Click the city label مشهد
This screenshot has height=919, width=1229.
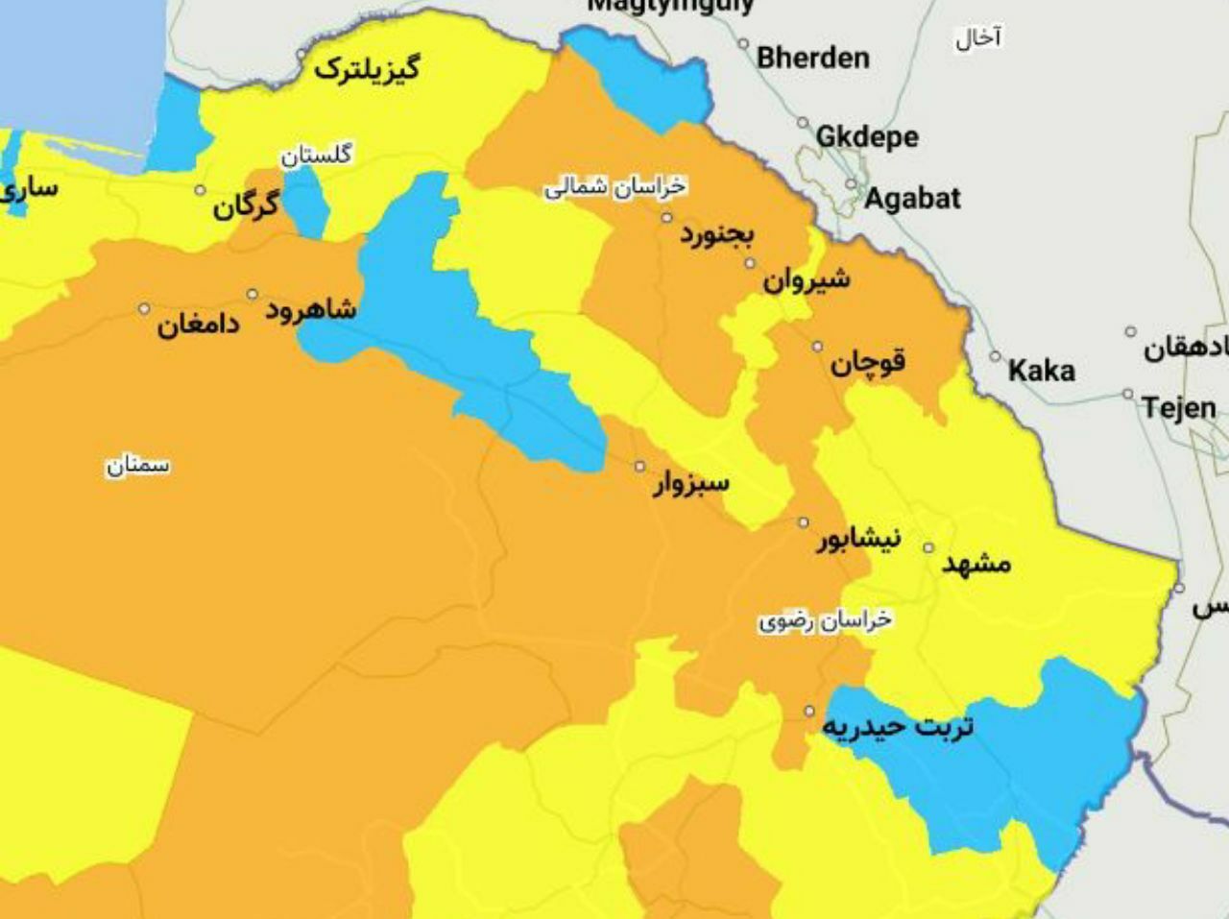(x=976, y=563)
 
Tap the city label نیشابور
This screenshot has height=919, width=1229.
(x=858, y=539)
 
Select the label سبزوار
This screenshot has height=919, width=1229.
(x=690, y=482)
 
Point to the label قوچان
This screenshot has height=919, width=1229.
(x=868, y=363)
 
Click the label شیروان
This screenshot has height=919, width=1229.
(x=807, y=279)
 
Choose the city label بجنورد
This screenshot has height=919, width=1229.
(x=718, y=233)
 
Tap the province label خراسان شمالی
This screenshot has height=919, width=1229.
(x=615, y=186)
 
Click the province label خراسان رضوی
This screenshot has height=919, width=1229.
(x=825, y=620)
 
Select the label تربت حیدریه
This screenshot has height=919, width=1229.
(x=898, y=726)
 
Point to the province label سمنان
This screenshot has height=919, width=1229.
(x=137, y=466)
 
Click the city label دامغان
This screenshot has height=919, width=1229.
(x=199, y=325)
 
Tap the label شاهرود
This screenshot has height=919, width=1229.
(x=311, y=309)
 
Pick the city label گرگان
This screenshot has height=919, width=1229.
(x=246, y=205)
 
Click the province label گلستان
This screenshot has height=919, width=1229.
(x=316, y=154)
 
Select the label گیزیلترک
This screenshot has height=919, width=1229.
(x=367, y=68)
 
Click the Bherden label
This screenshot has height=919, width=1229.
(x=812, y=58)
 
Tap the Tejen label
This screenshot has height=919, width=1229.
(x=1179, y=408)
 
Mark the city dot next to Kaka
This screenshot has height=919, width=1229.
(x=996, y=356)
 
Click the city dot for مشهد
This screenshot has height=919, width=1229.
(x=928, y=548)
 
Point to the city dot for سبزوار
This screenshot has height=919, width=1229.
(x=640, y=467)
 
